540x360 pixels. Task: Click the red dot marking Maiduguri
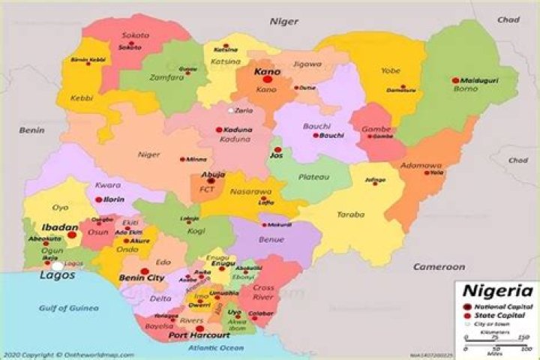tap(455, 80)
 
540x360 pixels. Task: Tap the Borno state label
tap(465, 88)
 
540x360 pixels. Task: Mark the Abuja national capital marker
tap(211, 181)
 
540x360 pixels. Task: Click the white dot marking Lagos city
tap(57, 266)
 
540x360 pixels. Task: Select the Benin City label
tap(142, 277)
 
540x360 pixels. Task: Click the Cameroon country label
tap(439, 266)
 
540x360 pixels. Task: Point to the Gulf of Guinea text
tap(69, 307)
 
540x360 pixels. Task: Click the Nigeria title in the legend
tap(497, 292)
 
